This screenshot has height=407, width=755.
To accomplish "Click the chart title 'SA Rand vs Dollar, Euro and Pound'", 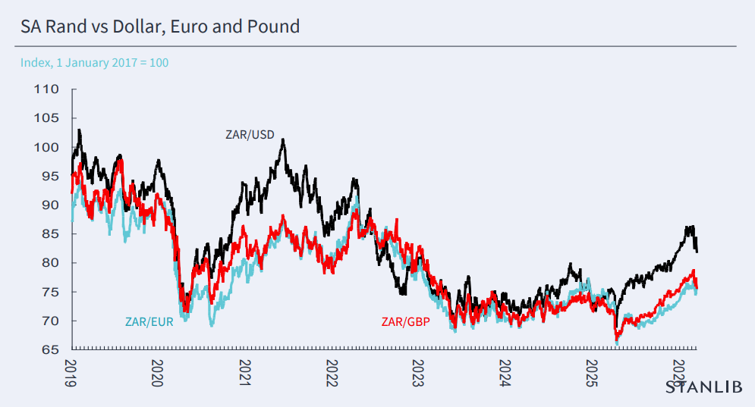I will (x=160, y=27).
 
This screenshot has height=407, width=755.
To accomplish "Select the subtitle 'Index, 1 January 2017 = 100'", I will (x=94, y=62).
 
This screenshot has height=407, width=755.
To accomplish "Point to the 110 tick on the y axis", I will (x=46, y=89).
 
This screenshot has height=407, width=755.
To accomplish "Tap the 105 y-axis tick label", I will (x=46, y=118).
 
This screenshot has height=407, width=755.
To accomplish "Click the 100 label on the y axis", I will (x=46, y=147).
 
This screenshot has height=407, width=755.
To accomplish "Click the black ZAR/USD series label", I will (x=250, y=135).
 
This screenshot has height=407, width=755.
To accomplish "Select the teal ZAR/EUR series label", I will (x=149, y=322).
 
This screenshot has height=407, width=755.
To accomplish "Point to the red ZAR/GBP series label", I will (x=406, y=322).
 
